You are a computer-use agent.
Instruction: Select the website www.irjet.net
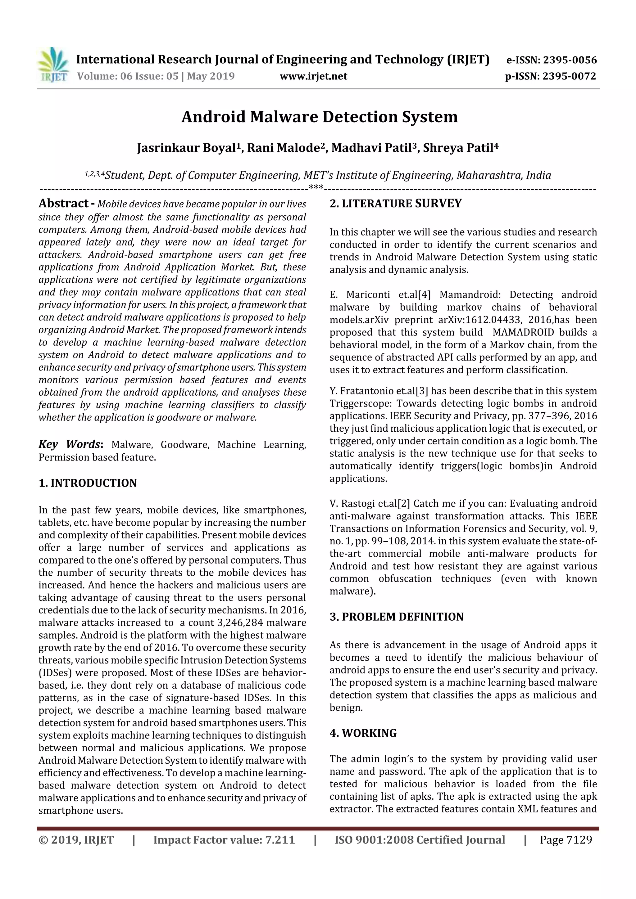coord(313,76)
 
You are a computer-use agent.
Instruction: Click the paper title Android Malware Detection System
coord(319,117)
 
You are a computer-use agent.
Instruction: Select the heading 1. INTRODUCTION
coord(88,483)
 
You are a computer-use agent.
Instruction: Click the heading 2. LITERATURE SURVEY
coord(395,204)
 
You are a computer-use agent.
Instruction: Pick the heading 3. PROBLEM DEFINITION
coord(396,617)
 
